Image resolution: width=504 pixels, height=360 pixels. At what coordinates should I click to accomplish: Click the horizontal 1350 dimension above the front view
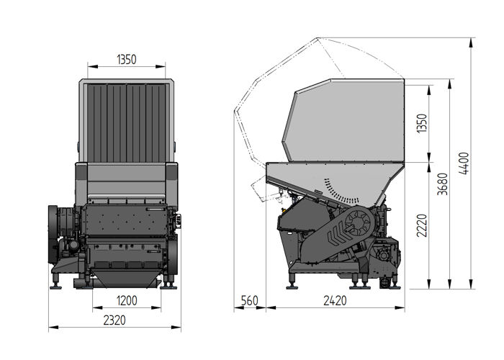[x=127, y=60]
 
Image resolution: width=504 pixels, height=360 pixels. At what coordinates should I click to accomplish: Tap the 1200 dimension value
[x=127, y=300]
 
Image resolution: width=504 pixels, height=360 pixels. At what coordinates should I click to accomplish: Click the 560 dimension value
[x=249, y=301]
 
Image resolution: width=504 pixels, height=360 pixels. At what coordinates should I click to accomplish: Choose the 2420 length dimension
[x=332, y=301]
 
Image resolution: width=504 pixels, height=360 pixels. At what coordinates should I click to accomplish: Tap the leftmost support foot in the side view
[x=292, y=280]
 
